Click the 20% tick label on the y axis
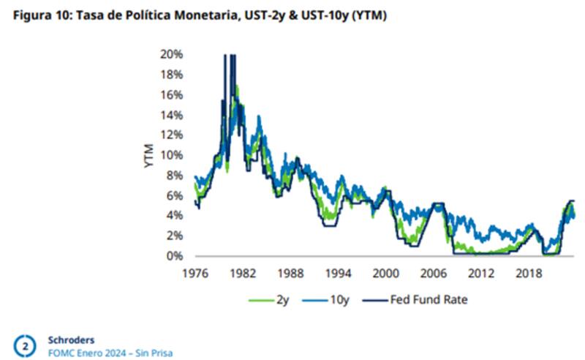[x=171, y=55]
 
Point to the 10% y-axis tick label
[x=171, y=155]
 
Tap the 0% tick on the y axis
[x=174, y=256]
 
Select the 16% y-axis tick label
[x=171, y=95]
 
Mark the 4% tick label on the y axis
[x=174, y=216]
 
